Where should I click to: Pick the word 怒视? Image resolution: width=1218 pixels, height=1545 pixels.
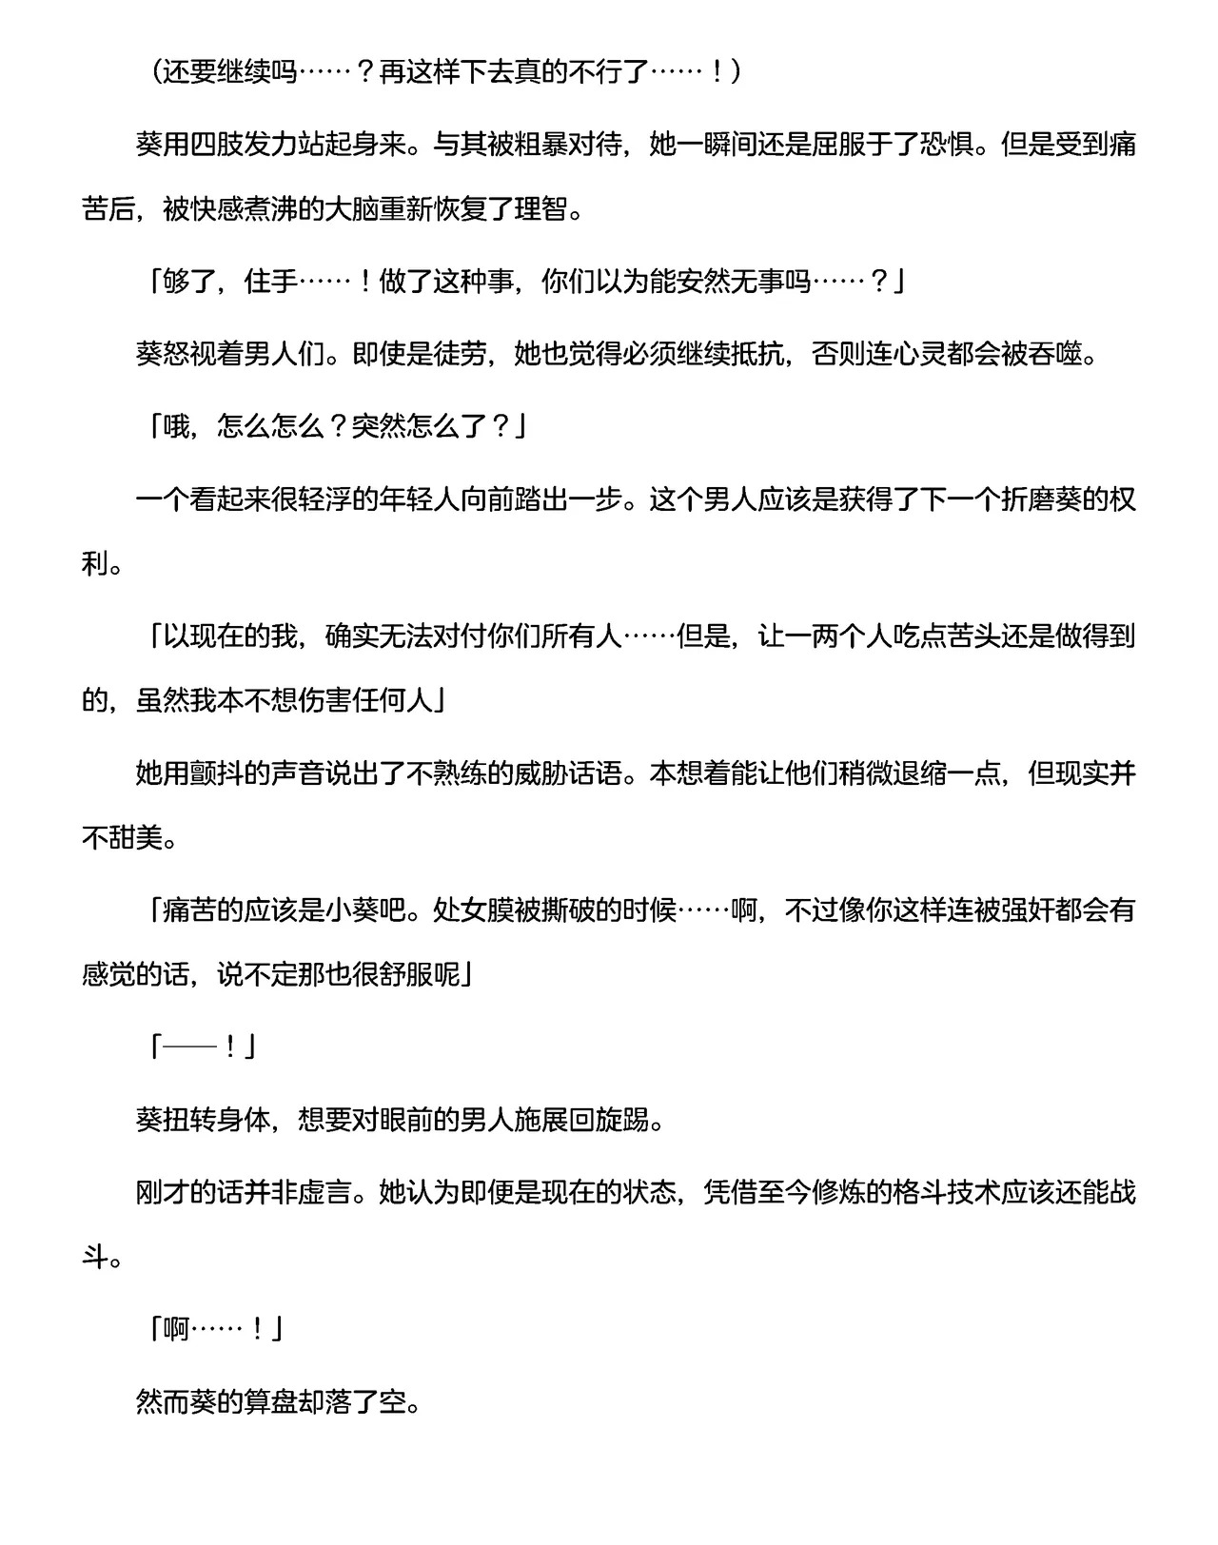pyautogui.click(x=191, y=354)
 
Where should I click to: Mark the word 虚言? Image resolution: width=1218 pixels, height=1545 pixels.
pyautogui.click(x=326, y=1191)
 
